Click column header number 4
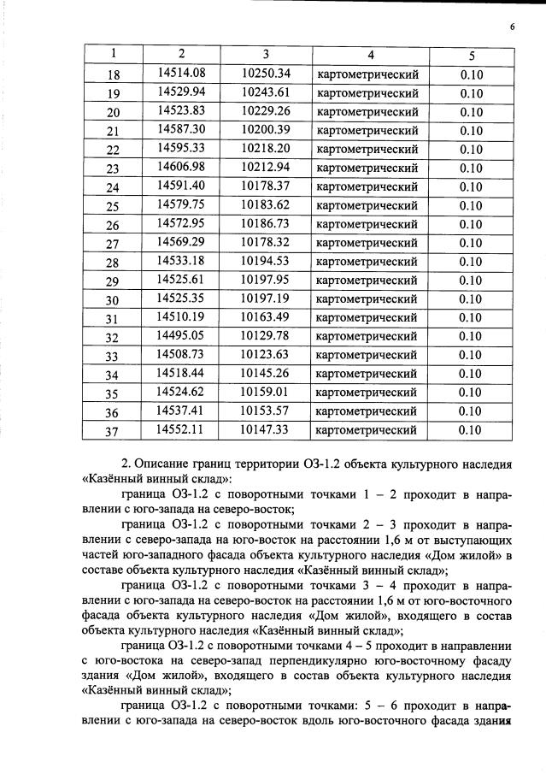[370, 55]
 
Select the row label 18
[113, 74]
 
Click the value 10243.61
[266, 92]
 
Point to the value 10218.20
[266, 148]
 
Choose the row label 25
[113, 206]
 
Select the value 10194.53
[266, 261]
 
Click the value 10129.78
[266, 335]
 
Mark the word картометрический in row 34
[367, 374]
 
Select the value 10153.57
[266, 411]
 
